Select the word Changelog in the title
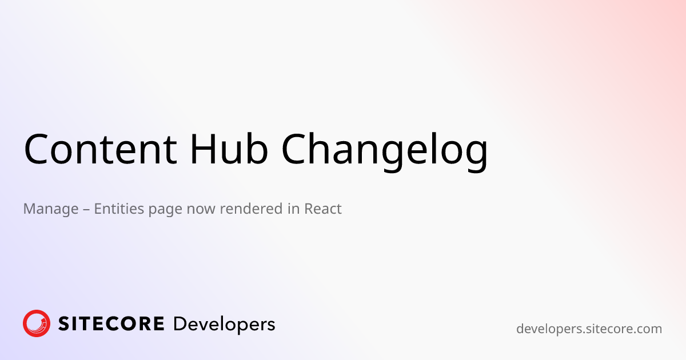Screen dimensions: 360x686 pyautogui.click(x=385, y=150)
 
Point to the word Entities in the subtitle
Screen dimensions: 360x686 pyautogui.click(x=119, y=209)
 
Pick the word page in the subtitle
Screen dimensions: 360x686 pyautogui.click(x=164, y=210)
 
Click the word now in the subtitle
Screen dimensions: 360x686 pyautogui.click(x=201, y=209)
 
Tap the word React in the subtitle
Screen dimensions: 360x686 pyautogui.click(x=323, y=209)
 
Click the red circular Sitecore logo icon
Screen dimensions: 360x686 pyautogui.click(x=37, y=323)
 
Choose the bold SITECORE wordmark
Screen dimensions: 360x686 pyautogui.click(x=111, y=324)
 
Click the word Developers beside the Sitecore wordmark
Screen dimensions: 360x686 pyautogui.click(x=224, y=325)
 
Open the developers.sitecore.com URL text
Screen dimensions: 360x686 pyautogui.click(x=589, y=329)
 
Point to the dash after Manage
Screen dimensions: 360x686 pyautogui.click(x=86, y=209)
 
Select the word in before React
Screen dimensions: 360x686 pyautogui.click(x=294, y=209)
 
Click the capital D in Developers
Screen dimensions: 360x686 pyautogui.click(x=179, y=324)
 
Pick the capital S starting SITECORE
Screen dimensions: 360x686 pyautogui.click(x=63, y=324)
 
